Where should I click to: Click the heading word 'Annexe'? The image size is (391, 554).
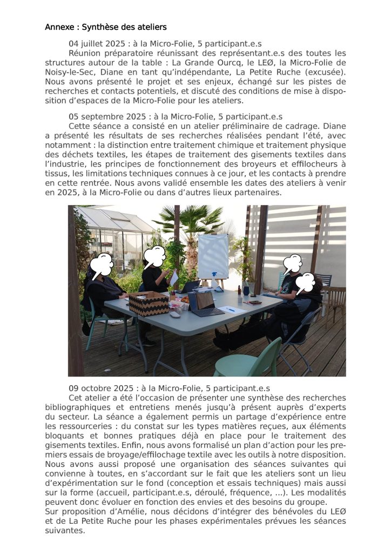pyautogui.click(x=59, y=27)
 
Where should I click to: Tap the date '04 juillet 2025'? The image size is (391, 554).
pyautogui.click(x=96, y=44)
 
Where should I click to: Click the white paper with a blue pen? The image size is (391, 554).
pyautogui.click(x=230, y=309)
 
